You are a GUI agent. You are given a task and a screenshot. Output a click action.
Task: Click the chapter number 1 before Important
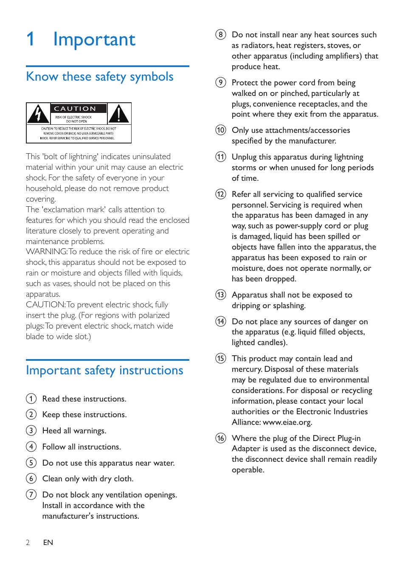coord(31,39)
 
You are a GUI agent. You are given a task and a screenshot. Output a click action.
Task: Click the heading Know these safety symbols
coord(100,77)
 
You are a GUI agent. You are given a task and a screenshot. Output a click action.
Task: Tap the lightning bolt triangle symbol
coord(39,114)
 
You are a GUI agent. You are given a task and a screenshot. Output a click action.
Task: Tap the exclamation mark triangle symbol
coord(119,114)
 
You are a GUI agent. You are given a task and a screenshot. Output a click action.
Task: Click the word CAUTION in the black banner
coord(75,109)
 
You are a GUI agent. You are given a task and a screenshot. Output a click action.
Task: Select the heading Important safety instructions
coord(104,371)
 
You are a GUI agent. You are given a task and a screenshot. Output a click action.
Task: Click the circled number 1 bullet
coord(31,399)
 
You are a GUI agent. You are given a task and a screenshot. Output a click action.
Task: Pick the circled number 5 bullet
coord(31,463)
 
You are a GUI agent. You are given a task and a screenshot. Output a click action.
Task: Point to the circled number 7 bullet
coord(31,494)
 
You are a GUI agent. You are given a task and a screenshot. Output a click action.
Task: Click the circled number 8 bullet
coord(220,34)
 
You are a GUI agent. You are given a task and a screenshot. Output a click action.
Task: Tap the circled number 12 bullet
coord(220,194)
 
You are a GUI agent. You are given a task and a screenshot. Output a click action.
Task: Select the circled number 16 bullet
coord(220,438)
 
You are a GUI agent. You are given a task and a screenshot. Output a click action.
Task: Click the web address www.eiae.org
coord(287,422)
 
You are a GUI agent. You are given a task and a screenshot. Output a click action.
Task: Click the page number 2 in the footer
coord(28,542)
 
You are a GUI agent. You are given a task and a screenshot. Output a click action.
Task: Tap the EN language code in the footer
coord(48,542)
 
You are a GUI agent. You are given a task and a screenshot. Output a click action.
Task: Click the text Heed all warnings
coord(74,431)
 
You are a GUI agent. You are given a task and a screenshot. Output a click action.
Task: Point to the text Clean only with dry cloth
coord(88,479)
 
